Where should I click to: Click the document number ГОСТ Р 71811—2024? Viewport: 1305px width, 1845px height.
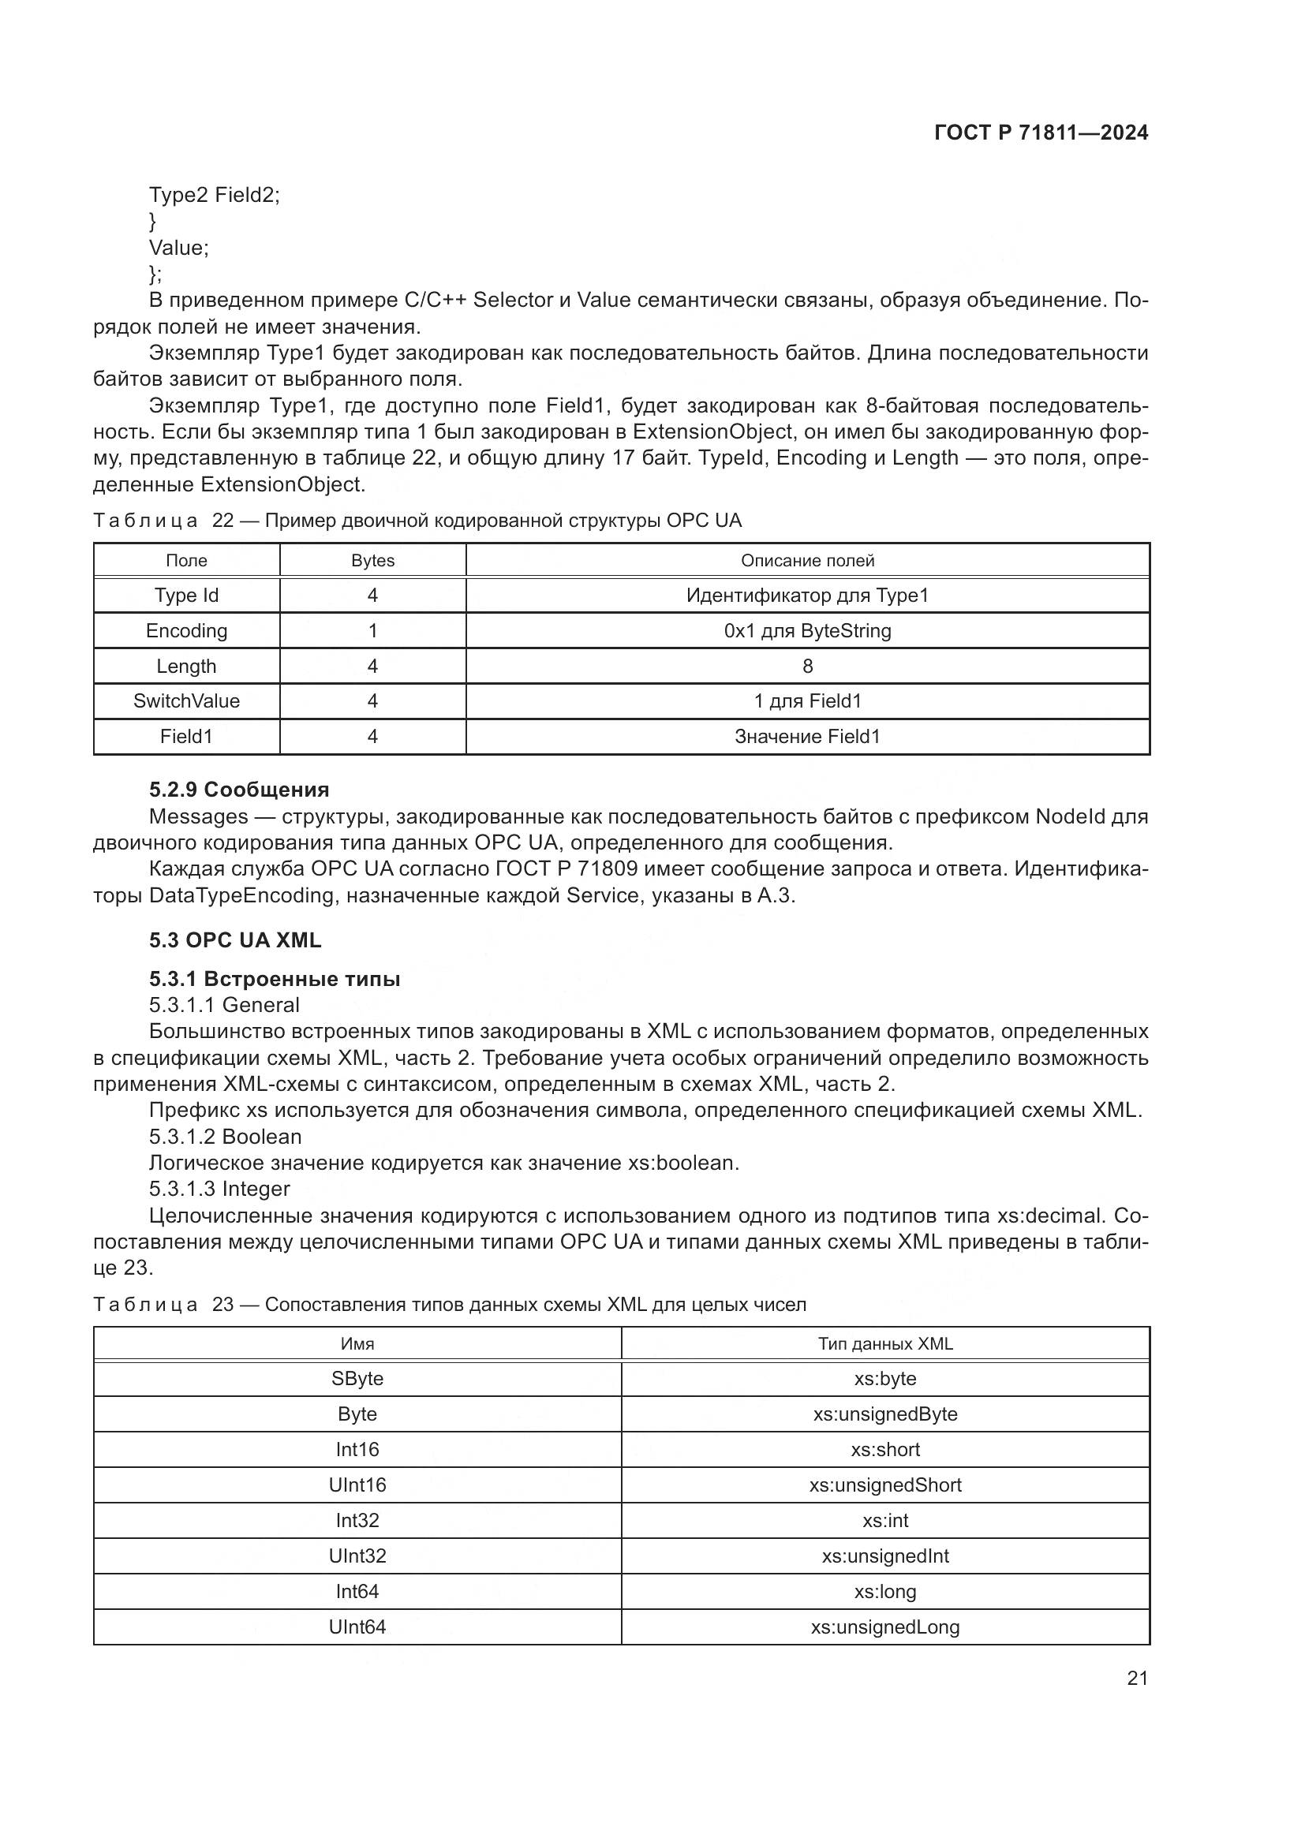pyautogui.click(x=1041, y=133)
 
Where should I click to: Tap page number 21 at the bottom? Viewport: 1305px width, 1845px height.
pyautogui.click(x=1137, y=1678)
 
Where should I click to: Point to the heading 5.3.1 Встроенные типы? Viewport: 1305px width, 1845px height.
pyautogui.click(x=274, y=978)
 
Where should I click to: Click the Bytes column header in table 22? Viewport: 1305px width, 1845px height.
pyautogui.click(x=372, y=560)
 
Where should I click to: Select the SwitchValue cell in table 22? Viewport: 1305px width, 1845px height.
pyautogui.click(x=186, y=700)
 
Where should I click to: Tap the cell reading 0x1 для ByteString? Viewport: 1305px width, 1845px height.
pyautogui.click(x=807, y=631)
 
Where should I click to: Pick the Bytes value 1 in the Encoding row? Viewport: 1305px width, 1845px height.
pyautogui.click(x=372, y=631)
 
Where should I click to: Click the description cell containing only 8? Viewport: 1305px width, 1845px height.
pyautogui.click(x=807, y=667)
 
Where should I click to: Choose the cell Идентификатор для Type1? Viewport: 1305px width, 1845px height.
pyautogui.click(x=807, y=596)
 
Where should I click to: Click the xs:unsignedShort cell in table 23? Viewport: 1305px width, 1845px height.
pyautogui.click(x=884, y=1485)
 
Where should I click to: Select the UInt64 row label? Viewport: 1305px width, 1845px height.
pyautogui.click(x=357, y=1627)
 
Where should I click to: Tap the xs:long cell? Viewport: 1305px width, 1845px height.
pyautogui.click(x=884, y=1591)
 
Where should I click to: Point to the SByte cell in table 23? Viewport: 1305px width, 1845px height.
pyautogui.click(x=357, y=1379)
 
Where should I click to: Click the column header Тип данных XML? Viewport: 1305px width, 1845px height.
pyautogui.click(x=884, y=1343)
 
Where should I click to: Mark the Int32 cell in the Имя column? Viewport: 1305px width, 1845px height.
pyautogui.click(x=357, y=1520)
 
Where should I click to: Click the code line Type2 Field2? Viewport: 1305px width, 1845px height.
pyautogui.click(x=214, y=195)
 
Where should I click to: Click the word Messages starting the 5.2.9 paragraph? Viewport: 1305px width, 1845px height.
pyautogui.click(x=199, y=816)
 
